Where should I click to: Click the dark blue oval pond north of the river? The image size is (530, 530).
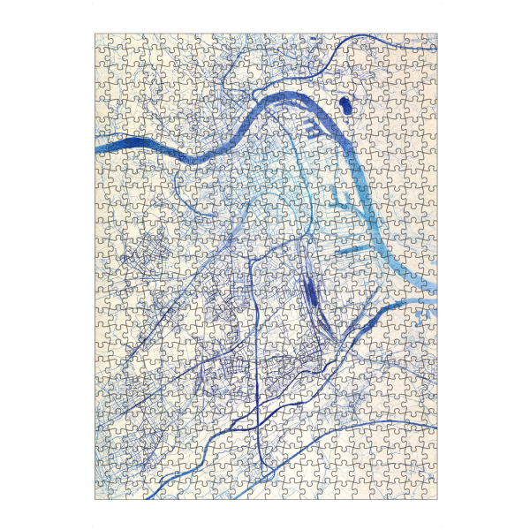[x=344, y=106]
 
